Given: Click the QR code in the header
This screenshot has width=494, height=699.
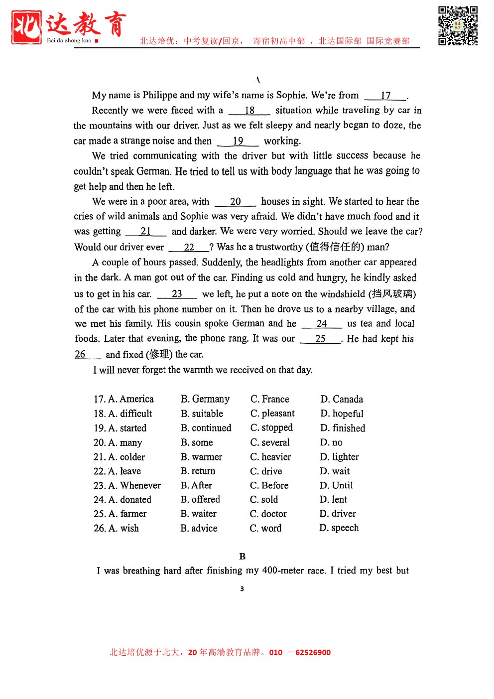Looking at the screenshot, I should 458,26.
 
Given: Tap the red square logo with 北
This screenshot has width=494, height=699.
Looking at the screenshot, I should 26,27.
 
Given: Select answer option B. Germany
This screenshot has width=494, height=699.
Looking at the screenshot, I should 205,399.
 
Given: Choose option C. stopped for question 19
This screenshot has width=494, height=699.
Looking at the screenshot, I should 271,428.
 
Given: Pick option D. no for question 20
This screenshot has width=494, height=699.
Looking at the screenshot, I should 331,442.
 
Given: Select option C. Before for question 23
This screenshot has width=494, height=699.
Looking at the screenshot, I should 269,485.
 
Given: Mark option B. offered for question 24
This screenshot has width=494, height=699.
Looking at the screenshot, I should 200,499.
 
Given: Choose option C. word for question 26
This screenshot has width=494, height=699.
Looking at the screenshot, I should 265,528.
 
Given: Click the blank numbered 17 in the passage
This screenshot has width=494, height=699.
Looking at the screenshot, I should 386,96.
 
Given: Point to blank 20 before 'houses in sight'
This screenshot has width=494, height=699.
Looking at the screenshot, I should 235,202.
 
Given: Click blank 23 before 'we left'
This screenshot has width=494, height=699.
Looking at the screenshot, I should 177,294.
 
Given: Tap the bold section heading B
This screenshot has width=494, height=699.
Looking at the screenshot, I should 243,557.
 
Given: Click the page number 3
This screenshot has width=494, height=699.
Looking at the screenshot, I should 242,589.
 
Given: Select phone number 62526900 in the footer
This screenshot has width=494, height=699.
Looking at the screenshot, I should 313,653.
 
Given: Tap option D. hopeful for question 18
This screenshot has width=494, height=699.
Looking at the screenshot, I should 342,414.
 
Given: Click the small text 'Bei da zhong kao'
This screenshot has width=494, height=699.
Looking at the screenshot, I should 69,40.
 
